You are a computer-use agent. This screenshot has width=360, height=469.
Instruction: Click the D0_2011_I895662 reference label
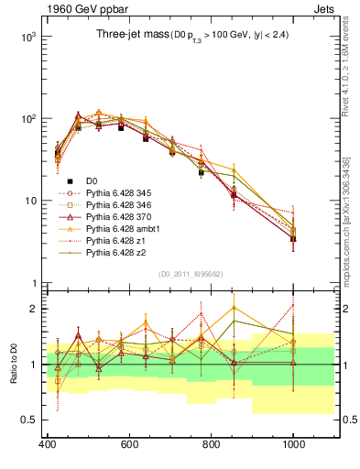click(x=189, y=273)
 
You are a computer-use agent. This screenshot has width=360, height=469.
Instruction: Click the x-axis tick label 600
click(x=128, y=444)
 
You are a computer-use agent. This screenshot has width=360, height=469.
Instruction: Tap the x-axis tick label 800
click(x=211, y=444)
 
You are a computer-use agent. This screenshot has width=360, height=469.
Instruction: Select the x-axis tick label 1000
click(x=293, y=444)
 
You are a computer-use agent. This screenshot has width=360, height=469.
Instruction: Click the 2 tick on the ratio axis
click(x=34, y=309)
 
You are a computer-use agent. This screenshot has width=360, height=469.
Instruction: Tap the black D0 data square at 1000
click(x=293, y=238)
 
